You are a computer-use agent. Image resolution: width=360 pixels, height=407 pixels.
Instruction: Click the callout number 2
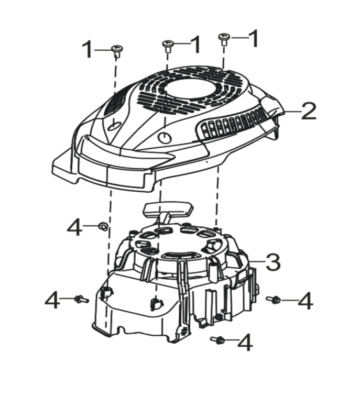coord(309,111)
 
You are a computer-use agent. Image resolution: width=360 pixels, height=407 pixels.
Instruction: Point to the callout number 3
coord(272,262)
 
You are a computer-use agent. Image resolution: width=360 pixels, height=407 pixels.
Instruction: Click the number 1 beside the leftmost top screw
coord(87,49)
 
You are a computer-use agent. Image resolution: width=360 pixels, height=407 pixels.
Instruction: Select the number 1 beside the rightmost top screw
coord(253,38)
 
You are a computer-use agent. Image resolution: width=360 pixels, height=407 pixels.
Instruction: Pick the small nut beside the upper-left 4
coord(103,226)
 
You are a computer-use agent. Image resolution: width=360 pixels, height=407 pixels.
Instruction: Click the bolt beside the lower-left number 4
coord(81,299)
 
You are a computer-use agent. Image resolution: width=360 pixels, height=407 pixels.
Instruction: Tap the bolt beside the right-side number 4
coord(273,299)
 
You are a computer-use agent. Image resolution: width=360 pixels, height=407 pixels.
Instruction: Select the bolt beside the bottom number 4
coord(217,339)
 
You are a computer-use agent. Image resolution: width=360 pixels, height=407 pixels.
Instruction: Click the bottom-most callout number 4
coord(245,342)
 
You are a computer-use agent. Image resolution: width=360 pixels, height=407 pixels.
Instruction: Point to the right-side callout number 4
coord(305,301)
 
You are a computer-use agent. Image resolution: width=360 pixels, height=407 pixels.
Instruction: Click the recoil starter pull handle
coord(169,211)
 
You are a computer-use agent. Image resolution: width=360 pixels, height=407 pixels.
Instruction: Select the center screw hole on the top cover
coord(165,137)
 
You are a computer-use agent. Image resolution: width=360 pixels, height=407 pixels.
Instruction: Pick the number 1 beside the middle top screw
coord(195,45)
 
